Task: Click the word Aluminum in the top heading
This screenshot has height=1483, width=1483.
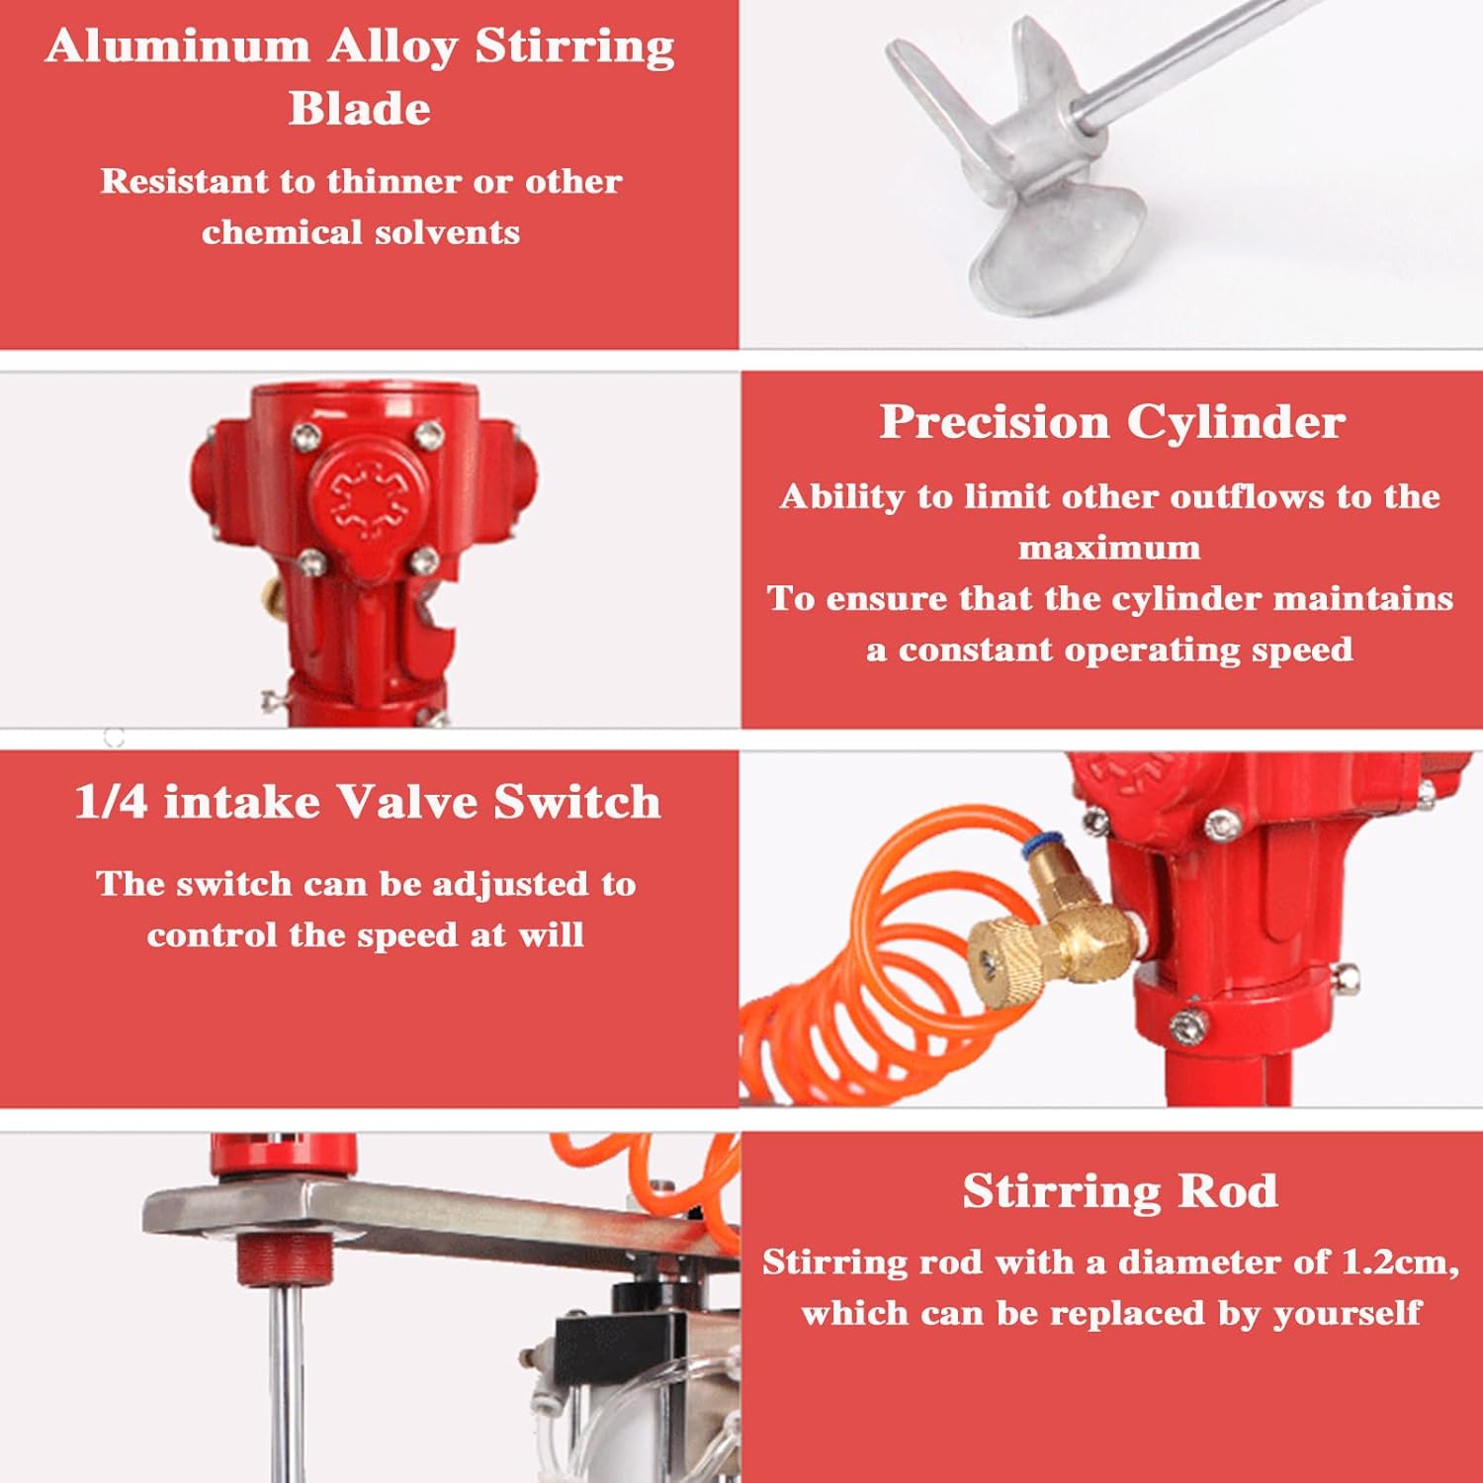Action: pyautogui.click(x=177, y=46)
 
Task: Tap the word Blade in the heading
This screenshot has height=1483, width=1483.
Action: pyautogui.click(x=360, y=108)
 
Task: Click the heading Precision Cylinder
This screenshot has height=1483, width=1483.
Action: pyautogui.click(x=1111, y=422)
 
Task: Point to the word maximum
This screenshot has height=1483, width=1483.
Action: pyautogui.click(x=1109, y=548)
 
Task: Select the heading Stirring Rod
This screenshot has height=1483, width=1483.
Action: pyautogui.click(x=1119, y=1190)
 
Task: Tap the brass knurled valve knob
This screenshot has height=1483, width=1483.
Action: pyautogui.click(x=1003, y=964)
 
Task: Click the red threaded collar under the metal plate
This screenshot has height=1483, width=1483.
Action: pyautogui.click(x=284, y=1258)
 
